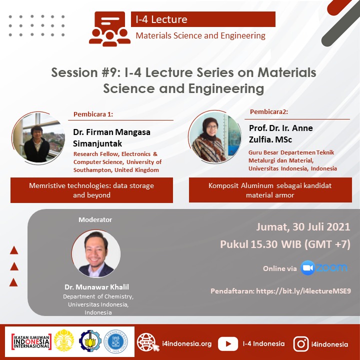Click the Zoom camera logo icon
(307, 267)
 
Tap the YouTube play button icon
(228, 343)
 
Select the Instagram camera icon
(301, 344)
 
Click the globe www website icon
(147, 342)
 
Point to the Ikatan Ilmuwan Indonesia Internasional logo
(31, 342)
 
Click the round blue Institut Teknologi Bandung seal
(115, 341)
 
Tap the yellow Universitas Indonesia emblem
(64, 340)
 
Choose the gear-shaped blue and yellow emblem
(90, 341)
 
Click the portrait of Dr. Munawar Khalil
(96, 253)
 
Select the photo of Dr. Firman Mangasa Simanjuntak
(38, 138)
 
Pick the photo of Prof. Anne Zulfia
(215, 137)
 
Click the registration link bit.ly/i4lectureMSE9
(303, 291)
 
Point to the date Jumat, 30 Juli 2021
(303, 227)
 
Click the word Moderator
(95, 219)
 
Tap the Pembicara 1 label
(93, 114)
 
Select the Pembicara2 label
(269, 111)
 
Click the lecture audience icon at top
(109, 29)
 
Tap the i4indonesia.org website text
(187, 343)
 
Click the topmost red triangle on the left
(14, 250)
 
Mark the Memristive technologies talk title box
(91, 190)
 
